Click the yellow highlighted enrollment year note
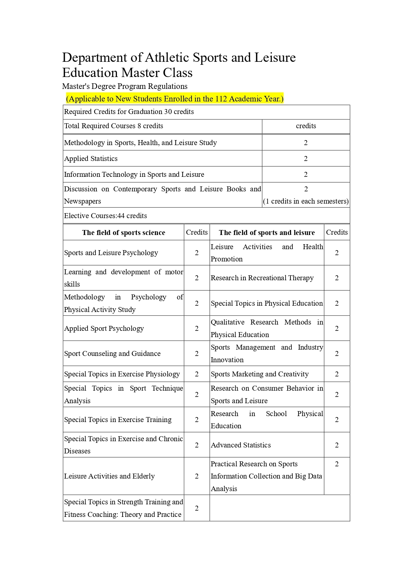pyautogui.click(x=174, y=99)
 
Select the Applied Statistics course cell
pyautogui.click(x=91, y=159)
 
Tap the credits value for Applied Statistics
pyautogui.click(x=306, y=159)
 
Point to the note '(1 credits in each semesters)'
pyautogui.click(x=306, y=201)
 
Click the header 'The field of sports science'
pyautogui.click(x=124, y=233)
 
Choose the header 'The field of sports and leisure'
pyautogui.click(x=267, y=233)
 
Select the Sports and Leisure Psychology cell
pyautogui.click(x=111, y=253)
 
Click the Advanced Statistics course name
pyautogui.click(x=241, y=445)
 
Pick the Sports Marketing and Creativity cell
pyautogui.click(x=260, y=374)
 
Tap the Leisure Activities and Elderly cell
pyautogui.click(x=109, y=476)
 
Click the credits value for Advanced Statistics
pyautogui.click(x=337, y=445)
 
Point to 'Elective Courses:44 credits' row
pyautogui.click(x=105, y=216)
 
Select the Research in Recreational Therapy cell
pyautogui.click(x=262, y=278)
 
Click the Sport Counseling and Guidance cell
pyautogui.click(x=112, y=354)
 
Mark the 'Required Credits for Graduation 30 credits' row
pyautogui.click(x=129, y=112)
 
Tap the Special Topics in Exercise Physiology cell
pyautogui.click(x=122, y=374)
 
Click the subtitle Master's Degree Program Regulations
pyautogui.click(x=125, y=86)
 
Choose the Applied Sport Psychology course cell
pyautogui.click(x=104, y=329)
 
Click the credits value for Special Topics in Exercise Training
pyautogui.click(x=197, y=420)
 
